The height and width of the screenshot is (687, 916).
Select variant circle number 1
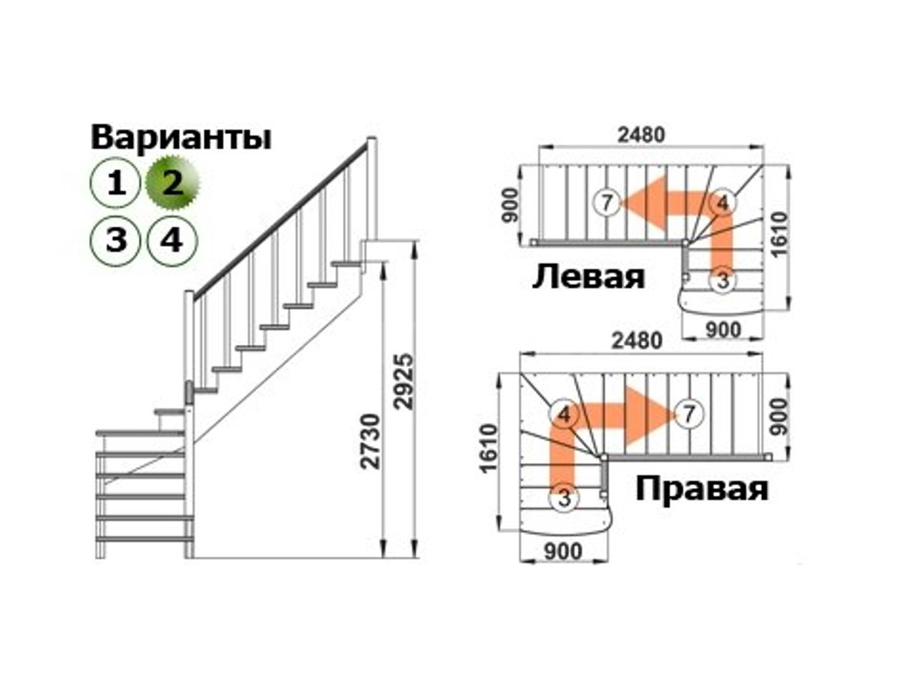114,183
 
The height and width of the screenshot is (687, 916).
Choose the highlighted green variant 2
172,182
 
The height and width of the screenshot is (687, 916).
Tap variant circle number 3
114,241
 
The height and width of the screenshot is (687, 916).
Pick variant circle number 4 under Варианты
172,241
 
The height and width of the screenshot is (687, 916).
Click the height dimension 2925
404,381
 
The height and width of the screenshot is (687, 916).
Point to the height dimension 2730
371,442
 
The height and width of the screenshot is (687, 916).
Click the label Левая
589,276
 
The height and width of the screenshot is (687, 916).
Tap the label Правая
702,489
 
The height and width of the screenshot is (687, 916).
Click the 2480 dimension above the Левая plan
641,135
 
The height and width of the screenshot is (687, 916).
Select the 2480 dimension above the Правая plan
637,341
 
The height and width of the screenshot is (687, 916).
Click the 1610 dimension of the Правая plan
489,449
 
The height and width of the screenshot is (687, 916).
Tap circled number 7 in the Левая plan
607,203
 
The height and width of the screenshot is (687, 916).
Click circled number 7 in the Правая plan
688,414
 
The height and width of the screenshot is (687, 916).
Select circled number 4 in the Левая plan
723,203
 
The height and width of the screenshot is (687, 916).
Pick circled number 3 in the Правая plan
564,498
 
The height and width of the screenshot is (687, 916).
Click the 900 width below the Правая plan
563,551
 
